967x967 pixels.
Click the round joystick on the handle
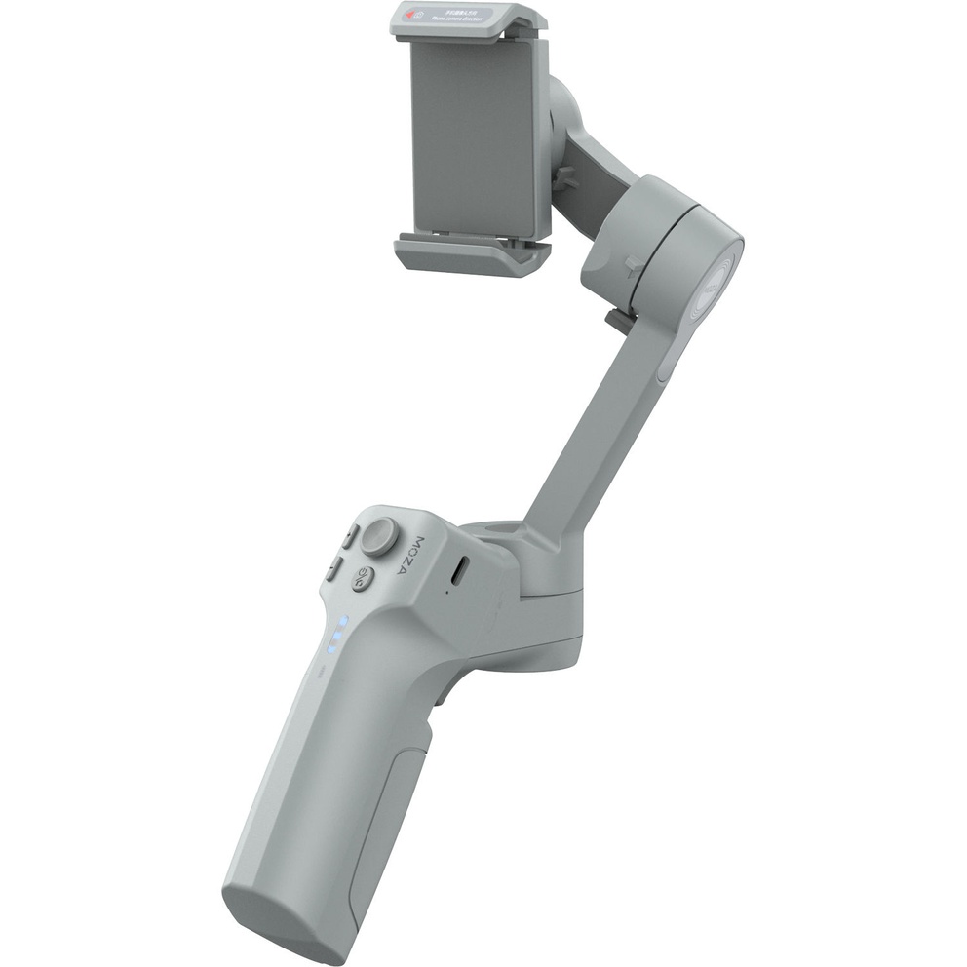pos(382,533)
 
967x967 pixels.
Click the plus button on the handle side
pos(348,537)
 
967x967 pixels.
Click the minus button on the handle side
pos(333,567)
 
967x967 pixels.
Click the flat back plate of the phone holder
pos(473,136)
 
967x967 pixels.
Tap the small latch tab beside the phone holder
pos(561,178)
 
